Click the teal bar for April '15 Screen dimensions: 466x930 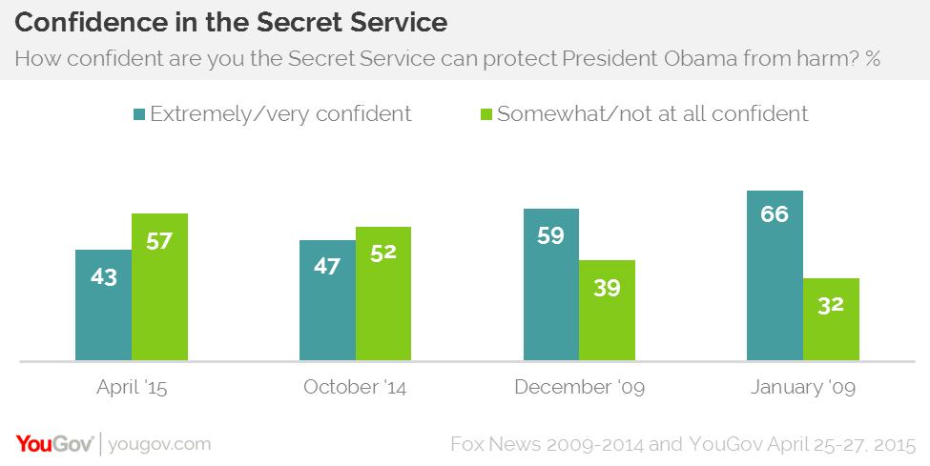coord(103,305)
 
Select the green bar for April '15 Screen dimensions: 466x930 coord(159,287)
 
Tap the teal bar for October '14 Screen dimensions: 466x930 coord(327,300)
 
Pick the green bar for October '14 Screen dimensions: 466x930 coord(383,294)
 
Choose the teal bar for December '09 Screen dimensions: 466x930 coord(551,285)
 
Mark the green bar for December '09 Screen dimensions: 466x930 coord(608,311)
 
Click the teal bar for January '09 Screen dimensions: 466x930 coord(775,275)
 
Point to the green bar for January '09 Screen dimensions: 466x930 coord(831,319)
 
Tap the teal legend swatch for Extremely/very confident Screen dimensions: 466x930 coord(139,114)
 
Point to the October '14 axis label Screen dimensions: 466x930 coord(356,388)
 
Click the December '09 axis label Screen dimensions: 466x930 coord(579,388)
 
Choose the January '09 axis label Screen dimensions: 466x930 coord(803,388)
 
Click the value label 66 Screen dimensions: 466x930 coord(775,214)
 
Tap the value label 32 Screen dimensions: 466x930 coord(831,306)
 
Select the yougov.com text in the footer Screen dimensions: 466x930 coord(160,444)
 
